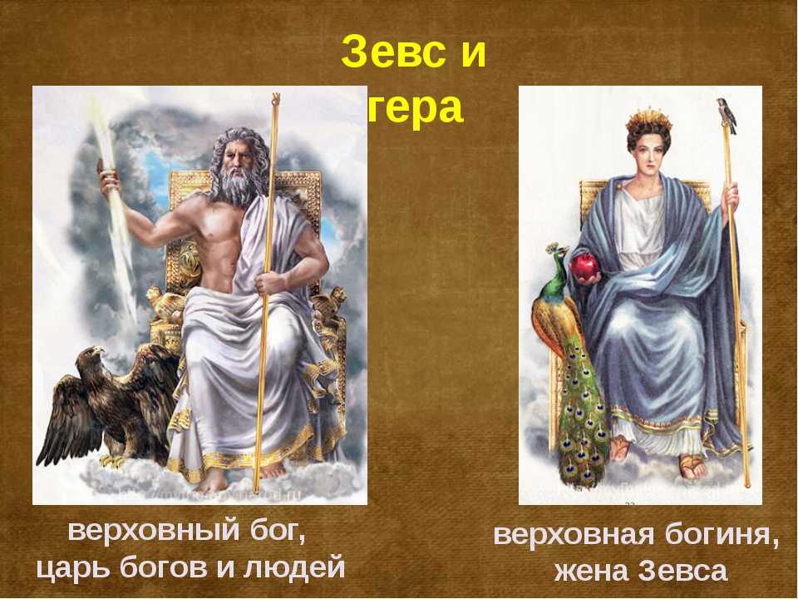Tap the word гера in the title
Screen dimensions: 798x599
pyautogui.click(x=416, y=108)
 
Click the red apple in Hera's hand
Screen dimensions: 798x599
pyautogui.click(x=585, y=267)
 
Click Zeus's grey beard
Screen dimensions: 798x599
pyautogui.click(x=238, y=190)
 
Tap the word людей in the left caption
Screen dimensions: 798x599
pyautogui.click(x=295, y=567)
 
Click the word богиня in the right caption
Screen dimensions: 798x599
pyautogui.click(x=724, y=535)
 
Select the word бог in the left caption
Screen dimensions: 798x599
pyautogui.click(x=277, y=532)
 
